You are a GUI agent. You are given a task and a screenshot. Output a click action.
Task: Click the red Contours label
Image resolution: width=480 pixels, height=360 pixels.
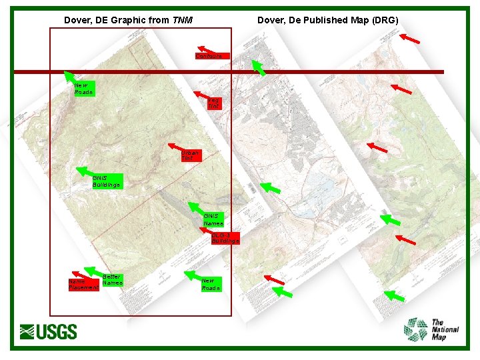click(x=213, y=56)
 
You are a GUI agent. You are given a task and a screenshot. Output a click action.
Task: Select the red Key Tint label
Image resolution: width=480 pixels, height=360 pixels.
click(x=214, y=103)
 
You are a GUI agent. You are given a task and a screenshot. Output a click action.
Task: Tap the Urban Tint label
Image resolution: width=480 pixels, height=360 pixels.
click(x=191, y=156)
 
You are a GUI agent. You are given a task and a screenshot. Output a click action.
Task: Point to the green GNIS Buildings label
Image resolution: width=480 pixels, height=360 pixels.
click(x=107, y=181)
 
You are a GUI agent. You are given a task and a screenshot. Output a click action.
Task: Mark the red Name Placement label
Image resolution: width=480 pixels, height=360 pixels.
click(x=84, y=285)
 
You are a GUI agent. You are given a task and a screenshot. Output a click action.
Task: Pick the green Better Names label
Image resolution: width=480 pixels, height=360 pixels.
click(x=113, y=279)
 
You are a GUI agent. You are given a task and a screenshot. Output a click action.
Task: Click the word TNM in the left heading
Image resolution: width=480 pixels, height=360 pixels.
click(x=183, y=20)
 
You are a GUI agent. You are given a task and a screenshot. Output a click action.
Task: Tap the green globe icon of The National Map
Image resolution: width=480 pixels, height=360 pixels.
click(x=417, y=329)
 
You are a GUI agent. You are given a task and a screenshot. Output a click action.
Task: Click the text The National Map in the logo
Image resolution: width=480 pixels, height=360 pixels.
click(x=445, y=330)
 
